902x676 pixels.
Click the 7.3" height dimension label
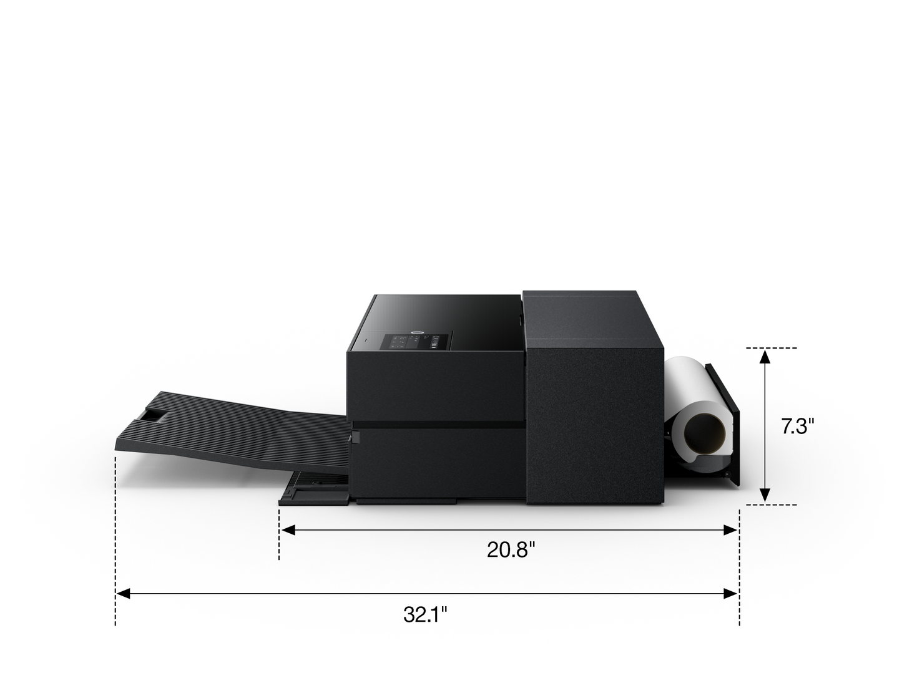point(797,426)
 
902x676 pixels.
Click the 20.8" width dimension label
point(511,549)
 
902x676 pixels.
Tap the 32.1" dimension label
point(424,614)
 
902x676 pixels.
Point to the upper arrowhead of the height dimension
point(764,357)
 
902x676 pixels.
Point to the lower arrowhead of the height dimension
point(764,495)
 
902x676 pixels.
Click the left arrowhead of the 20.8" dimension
point(288,530)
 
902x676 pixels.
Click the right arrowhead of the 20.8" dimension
point(730,530)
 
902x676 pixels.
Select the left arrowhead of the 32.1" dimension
point(123,594)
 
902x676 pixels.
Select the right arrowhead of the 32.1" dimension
point(730,594)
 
